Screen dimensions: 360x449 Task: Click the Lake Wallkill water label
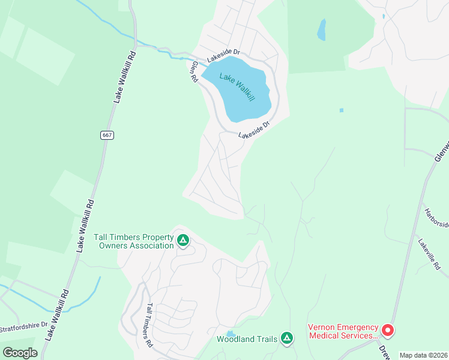coord(238,86)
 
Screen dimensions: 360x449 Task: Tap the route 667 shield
coord(107,135)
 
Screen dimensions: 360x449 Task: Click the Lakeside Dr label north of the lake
coord(223,57)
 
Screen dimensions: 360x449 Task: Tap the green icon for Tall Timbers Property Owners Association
coord(183,241)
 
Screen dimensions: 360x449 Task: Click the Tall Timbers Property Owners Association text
coord(134,241)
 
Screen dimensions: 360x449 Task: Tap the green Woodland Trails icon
coord(287,339)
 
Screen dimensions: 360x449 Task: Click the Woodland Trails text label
coord(247,340)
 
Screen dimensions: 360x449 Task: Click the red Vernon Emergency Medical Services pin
coord(388,330)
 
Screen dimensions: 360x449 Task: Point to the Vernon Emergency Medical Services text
coord(343,331)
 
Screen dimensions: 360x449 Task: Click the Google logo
coord(20,352)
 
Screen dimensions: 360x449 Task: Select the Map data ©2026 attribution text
coord(423,355)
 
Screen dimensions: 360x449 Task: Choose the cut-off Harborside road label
coord(436,218)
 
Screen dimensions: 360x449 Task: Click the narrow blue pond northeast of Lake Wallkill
coord(322,29)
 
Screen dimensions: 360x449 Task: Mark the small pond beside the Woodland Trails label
coord(231,334)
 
